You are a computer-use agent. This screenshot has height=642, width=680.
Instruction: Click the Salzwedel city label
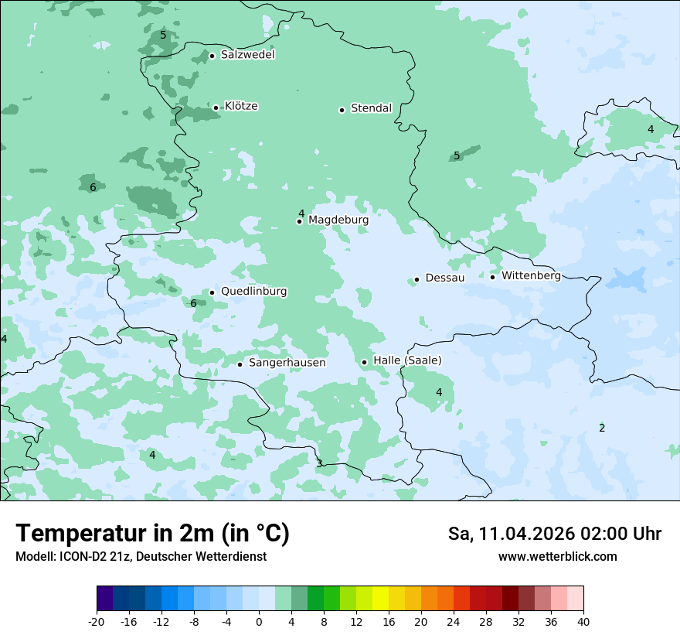[x=247, y=55]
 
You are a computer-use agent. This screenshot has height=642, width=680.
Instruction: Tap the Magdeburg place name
[x=338, y=220]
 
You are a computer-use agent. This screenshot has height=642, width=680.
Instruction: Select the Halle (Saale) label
[x=407, y=361]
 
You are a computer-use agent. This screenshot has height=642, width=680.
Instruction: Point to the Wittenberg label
[x=531, y=276]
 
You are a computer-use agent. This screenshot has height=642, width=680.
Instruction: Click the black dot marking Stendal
[x=342, y=110]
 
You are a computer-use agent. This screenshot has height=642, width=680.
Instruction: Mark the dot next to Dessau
[x=416, y=279]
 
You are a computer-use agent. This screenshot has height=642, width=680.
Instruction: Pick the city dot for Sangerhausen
[x=240, y=364]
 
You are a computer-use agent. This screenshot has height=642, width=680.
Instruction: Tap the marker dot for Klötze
[x=216, y=108]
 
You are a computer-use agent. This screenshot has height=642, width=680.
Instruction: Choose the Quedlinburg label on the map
[x=253, y=292]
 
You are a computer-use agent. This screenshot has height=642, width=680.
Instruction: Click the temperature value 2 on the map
[x=602, y=429]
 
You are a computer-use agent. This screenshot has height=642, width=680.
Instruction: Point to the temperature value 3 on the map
[x=319, y=464]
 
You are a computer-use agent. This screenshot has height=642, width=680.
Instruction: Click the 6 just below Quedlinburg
[x=193, y=304]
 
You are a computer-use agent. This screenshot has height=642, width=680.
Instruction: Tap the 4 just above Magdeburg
[x=301, y=213]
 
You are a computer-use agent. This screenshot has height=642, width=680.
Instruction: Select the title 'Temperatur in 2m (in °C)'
[x=152, y=534]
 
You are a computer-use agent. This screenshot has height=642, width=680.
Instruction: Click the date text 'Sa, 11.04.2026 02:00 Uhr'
[x=554, y=534]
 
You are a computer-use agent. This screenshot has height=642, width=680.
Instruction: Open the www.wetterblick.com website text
[x=557, y=557]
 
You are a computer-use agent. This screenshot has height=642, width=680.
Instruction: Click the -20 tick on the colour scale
[x=97, y=622]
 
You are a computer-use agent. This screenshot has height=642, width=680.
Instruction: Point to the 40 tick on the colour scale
[x=583, y=622]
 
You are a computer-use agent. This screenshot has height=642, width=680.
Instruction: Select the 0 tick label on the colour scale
[x=259, y=622]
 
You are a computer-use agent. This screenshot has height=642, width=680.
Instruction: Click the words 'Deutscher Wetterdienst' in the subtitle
[x=202, y=557]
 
